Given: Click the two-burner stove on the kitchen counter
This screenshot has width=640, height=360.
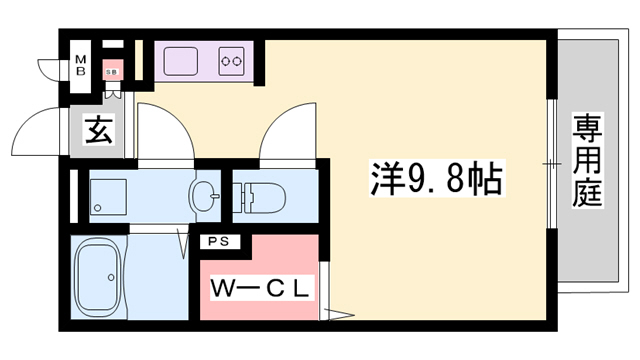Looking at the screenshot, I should (x=232, y=60).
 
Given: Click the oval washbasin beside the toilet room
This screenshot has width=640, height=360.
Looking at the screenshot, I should (x=205, y=195).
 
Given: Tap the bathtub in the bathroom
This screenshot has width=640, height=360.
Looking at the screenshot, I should (x=98, y=278).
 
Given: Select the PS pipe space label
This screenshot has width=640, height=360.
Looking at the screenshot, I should (x=217, y=241).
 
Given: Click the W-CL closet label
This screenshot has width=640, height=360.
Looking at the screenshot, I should (x=262, y=289).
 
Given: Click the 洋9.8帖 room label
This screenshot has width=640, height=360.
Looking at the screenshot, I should (x=433, y=181).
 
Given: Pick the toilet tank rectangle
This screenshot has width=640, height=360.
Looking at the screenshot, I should (x=245, y=194).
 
